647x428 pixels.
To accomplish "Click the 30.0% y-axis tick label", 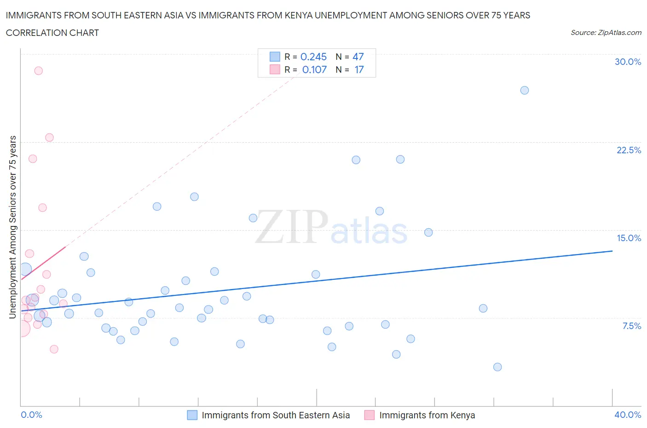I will click(x=628, y=62).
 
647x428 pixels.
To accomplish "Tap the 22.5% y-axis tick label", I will click(x=629, y=150).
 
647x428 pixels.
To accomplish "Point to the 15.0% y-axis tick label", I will click(x=629, y=238).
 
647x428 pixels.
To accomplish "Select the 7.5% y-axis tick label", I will click(x=631, y=326).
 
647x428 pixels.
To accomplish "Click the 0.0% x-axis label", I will click(x=31, y=415).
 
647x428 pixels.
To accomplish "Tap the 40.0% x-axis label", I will click(x=628, y=415).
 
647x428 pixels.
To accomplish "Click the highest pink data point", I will click(x=39, y=71).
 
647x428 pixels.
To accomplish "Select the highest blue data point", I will click(x=525, y=90).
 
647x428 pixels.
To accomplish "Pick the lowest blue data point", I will click(x=497, y=367).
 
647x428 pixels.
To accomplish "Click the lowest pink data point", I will click(x=54, y=349).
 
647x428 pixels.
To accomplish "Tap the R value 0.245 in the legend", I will click(x=313, y=57).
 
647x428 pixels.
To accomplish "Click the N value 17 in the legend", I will click(x=359, y=69).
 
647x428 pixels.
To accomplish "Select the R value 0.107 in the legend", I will click(x=314, y=69).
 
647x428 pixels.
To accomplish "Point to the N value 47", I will click(x=358, y=57).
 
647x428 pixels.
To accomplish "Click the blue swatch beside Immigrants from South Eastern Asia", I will click(x=192, y=415).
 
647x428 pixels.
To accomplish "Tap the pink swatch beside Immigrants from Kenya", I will click(x=370, y=415).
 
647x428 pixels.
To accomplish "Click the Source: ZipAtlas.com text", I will click(x=606, y=33).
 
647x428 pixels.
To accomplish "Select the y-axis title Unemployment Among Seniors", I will click(x=12, y=227).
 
